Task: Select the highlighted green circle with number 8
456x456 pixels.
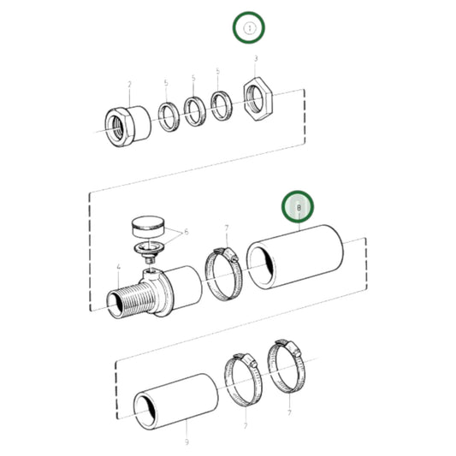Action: pyautogui.click(x=299, y=207)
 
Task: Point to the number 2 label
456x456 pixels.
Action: pyautogui.click(x=129, y=84)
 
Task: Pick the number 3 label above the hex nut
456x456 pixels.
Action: pyautogui.click(x=256, y=58)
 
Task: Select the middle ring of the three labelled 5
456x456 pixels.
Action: pyautogui.click(x=196, y=109)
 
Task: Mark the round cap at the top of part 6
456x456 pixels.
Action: pyautogui.click(x=147, y=228)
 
